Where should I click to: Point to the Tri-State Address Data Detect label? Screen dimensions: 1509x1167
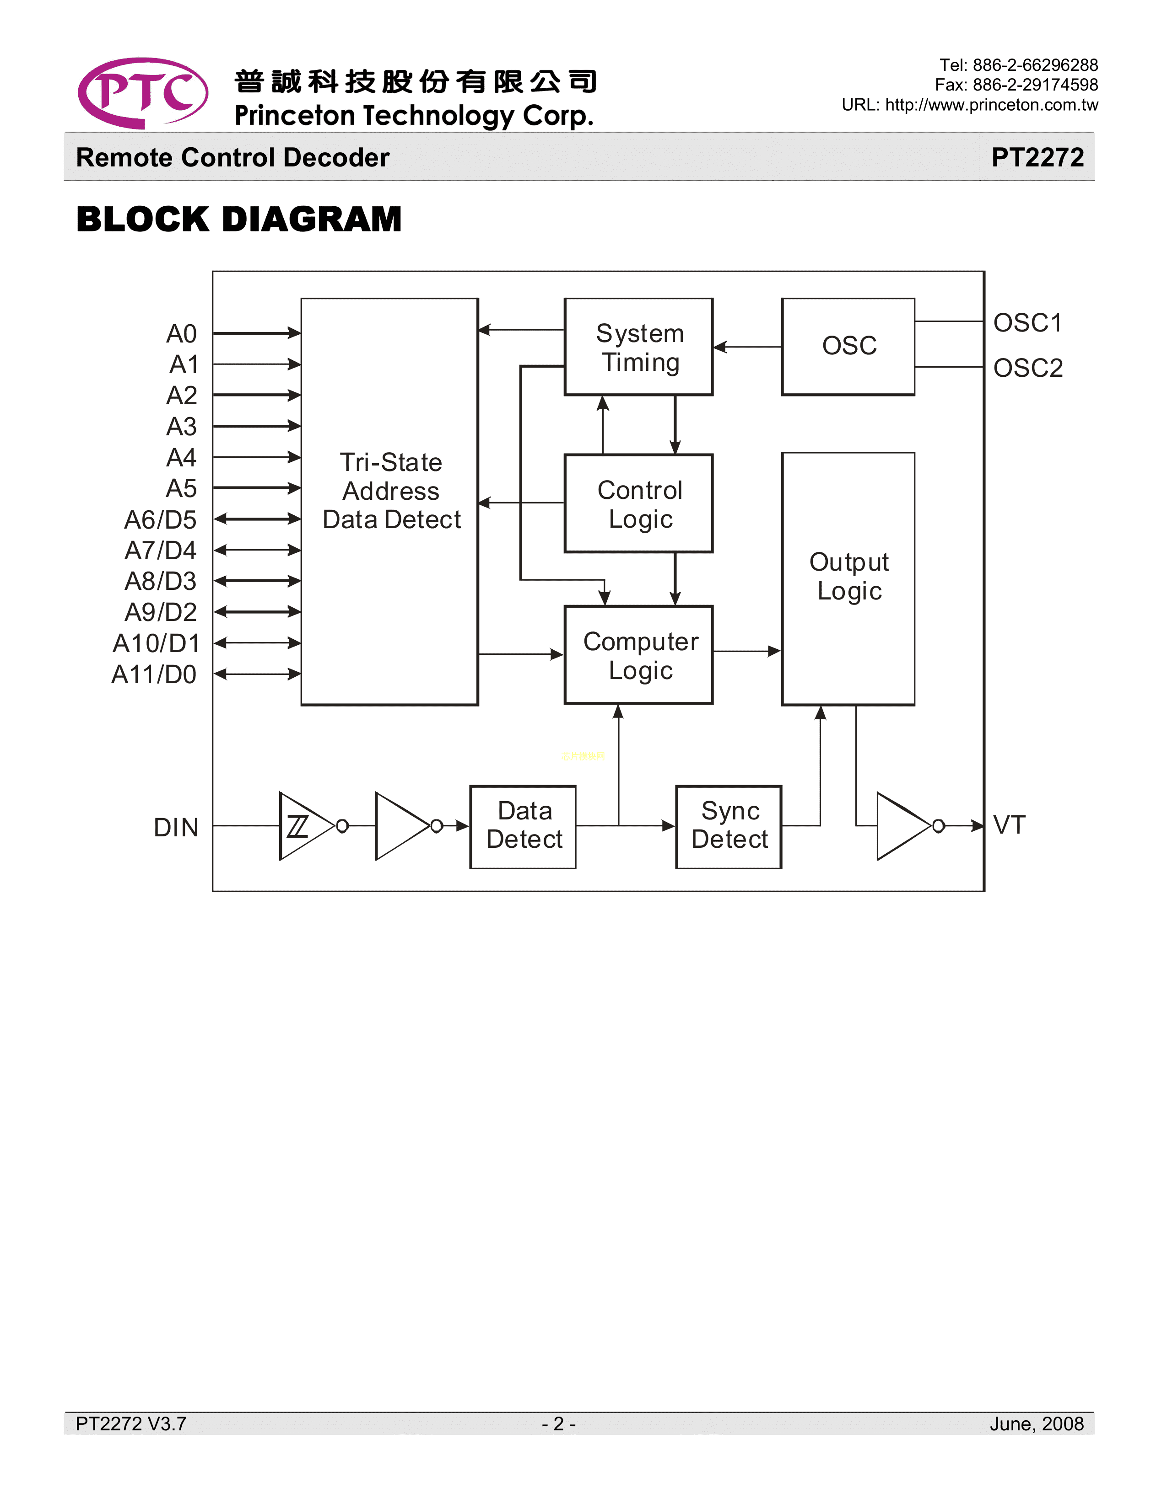391,491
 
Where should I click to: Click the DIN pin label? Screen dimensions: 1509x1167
176,827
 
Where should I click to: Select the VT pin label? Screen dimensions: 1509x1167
1009,825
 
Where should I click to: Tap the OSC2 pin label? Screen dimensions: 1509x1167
1027,368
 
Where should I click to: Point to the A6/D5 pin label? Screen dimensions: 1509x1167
160,519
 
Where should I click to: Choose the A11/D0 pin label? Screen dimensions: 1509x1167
154,674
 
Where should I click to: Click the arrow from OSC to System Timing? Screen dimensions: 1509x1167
747,347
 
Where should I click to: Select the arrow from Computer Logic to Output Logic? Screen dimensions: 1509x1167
747,651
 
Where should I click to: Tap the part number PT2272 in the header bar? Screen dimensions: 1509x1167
1037,158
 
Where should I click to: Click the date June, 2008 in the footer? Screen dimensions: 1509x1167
1036,1424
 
